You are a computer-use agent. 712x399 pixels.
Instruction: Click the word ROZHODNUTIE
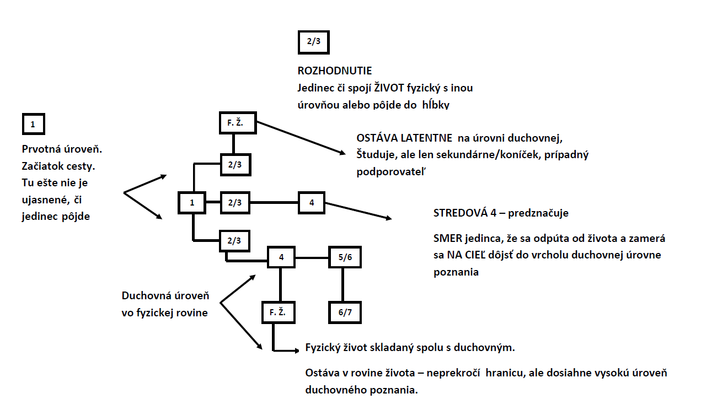pos(335,71)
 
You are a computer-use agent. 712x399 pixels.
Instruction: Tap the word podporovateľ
pos(391,172)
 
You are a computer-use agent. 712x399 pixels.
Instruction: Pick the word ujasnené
pos(46,200)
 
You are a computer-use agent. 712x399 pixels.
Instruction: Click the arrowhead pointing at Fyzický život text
pos(297,351)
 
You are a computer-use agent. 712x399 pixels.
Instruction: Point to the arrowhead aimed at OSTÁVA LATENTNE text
pos(342,153)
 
